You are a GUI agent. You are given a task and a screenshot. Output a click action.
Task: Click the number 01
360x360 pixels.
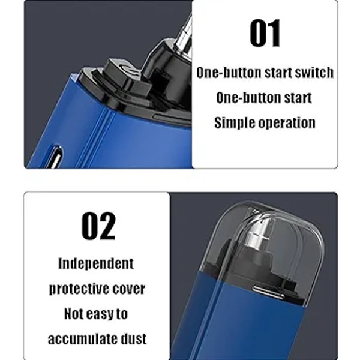[265, 33]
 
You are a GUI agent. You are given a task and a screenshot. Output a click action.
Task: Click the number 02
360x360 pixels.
[98, 226]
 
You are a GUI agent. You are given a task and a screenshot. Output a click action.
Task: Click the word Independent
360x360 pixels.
[96, 264]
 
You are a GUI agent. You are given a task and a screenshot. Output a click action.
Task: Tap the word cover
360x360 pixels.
[129, 289]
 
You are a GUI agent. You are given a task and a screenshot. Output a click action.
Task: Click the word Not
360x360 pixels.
[73, 314]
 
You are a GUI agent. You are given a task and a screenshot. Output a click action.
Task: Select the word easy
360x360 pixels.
[99, 314]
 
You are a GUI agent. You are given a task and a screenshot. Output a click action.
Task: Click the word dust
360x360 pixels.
[134, 339]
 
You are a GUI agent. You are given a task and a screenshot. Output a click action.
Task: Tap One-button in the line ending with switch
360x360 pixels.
[229, 73]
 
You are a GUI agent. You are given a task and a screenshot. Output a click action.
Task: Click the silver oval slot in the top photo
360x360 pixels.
[55, 157]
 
